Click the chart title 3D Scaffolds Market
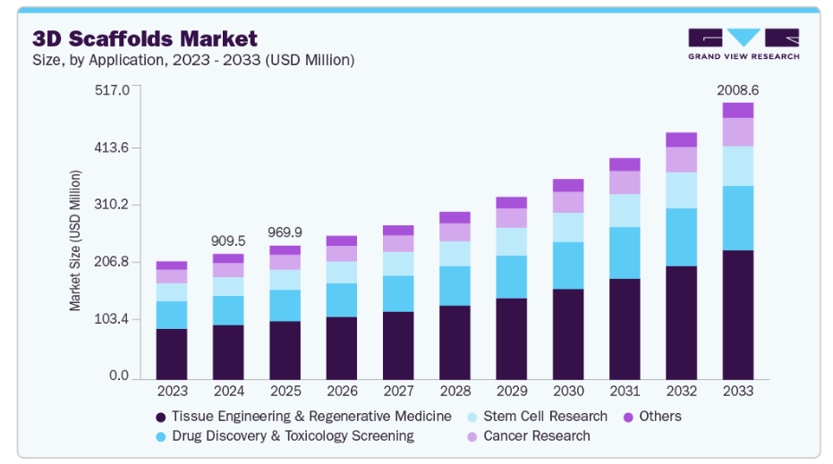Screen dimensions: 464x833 (145, 38)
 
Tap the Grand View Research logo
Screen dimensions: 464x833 (743, 44)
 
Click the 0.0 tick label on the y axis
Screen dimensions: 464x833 (120, 376)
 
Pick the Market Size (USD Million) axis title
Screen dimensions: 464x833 (76, 239)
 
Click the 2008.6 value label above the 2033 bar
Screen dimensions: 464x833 (738, 90)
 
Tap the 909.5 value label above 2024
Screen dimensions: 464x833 (228, 240)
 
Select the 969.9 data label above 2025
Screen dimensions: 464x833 (285, 232)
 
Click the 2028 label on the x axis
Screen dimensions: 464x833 (455, 392)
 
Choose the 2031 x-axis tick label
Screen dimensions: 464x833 (625, 392)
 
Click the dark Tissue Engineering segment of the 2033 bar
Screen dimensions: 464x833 (738, 315)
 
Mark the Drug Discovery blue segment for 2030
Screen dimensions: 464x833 (568, 265)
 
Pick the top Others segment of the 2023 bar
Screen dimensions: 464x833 (172, 266)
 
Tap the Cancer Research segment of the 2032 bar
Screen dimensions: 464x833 (681, 159)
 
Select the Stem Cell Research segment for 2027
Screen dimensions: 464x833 (398, 263)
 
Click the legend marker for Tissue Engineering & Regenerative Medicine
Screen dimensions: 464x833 (161, 417)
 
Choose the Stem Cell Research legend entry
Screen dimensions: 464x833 (545, 417)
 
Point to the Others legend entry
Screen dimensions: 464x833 (659, 417)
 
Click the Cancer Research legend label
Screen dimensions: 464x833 (536, 436)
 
